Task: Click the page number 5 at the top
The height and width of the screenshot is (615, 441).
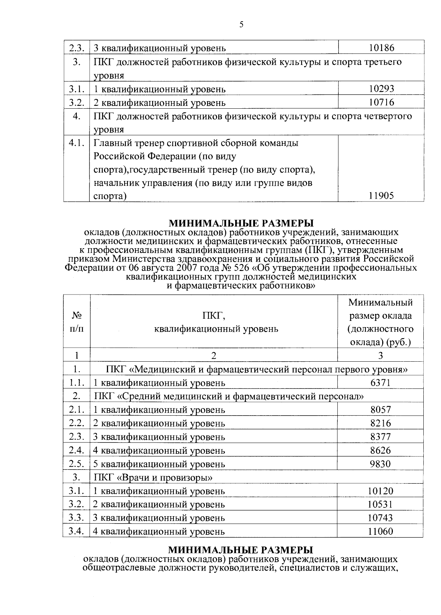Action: click(241, 25)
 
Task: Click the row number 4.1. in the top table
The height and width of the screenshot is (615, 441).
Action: click(76, 143)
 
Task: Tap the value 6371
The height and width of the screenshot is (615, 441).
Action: click(381, 383)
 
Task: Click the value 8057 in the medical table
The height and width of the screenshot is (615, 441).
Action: click(381, 410)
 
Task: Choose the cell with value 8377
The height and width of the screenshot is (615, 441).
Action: click(381, 437)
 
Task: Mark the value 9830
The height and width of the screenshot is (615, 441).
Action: click(381, 464)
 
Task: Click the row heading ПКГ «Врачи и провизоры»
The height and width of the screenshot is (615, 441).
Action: click(153, 478)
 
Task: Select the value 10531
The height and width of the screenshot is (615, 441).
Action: click(381, 504)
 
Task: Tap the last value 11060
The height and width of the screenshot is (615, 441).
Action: click(381, 531)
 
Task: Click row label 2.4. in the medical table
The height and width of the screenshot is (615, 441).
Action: click(76, 451)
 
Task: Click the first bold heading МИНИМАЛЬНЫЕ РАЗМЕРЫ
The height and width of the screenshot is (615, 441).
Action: click(241, 223)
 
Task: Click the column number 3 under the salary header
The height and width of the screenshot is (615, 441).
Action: click(381, 355)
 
